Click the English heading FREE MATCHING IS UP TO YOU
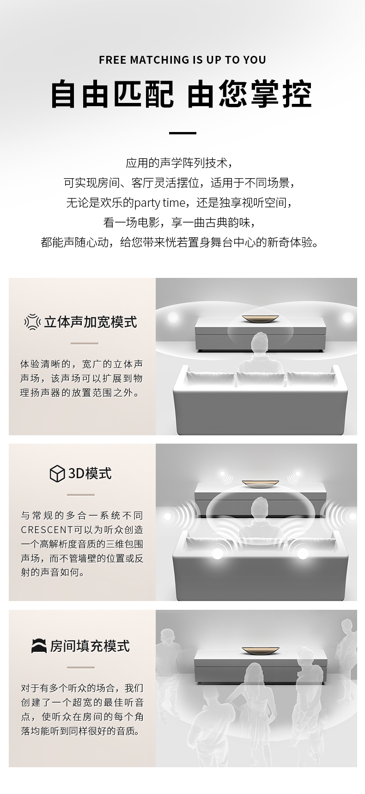click(182, 60)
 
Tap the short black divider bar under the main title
click(182, 133)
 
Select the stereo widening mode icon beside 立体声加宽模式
click(32, 322)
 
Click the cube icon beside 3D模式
click(57, 474)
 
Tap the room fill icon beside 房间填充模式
click(39, 646)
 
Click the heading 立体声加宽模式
click(91, 322)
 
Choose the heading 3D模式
click(90, 474)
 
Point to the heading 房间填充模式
click(90, 646)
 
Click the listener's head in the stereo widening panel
click(260, 343)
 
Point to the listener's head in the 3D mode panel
click(260, 507)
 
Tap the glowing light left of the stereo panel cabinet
click(173, 318)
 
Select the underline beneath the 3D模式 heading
click(81, 495)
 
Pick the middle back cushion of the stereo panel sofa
click(260, 379)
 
